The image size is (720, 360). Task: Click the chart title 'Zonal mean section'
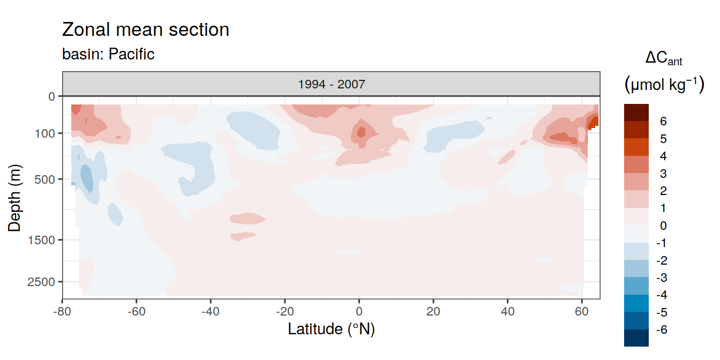[x=145, y=29]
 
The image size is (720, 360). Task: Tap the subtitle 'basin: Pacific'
[x=108, y=54]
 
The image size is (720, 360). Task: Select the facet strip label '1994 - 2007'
[x=332, y=84]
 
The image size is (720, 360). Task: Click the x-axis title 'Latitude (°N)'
[x=331, y=329]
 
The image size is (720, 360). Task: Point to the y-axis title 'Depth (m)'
[x=14, y=198]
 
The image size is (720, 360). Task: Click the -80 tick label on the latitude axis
[x=62, y=311]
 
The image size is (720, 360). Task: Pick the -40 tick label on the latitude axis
[x=211, y=311]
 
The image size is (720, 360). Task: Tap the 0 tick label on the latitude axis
[x=359, y=311]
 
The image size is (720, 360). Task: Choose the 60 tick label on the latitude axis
[x=582, y=311]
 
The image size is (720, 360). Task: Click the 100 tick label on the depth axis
[x=44, y=133]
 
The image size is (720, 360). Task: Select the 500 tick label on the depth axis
[x=44, y=179]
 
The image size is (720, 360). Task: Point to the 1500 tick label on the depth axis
[x=41, y=240]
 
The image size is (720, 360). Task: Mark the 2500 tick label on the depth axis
[x=41, y=282]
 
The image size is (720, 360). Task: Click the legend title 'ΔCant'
[x=663, y=58]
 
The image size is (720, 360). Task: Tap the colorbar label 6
[x=663, y=121]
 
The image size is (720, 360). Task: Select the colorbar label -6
[x=662, y=329]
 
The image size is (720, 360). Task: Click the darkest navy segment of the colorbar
[x=636, y=338]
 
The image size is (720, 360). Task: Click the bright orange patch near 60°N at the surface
[x=594, y=123]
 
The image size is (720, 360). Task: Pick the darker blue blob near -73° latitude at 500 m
[x=86, y=178]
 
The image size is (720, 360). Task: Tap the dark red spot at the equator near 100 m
[x=361, y=132]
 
